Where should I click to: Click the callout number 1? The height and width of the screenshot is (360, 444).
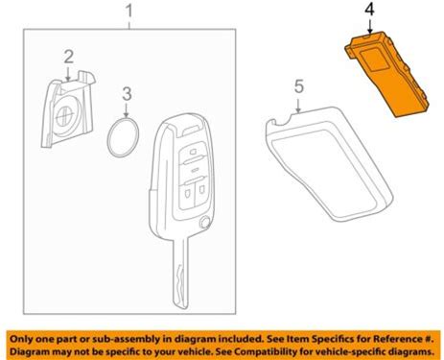point(129,12)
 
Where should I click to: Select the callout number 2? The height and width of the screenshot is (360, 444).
point(69,57)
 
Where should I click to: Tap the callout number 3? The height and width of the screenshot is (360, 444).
point(127,94)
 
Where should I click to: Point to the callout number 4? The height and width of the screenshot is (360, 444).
point(369,11)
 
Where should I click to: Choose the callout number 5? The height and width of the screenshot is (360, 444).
point(299,86)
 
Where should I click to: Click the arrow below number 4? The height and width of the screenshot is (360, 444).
point(370,26)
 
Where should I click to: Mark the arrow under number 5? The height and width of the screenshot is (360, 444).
point(298,106)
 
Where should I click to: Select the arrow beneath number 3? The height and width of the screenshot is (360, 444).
point(127,110)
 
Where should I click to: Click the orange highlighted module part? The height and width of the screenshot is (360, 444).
point(387,74)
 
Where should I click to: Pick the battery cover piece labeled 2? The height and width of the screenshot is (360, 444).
point(68,109)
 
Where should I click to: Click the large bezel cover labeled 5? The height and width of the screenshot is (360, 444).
point(329,164)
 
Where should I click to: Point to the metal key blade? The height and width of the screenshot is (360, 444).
point(181,273)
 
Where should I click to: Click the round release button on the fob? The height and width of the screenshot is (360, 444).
point(205,222)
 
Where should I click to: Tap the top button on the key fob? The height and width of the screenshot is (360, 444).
point(192,151)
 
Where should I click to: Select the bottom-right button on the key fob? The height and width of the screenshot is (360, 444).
point(201,191)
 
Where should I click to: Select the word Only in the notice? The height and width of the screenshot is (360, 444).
point(20,339)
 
